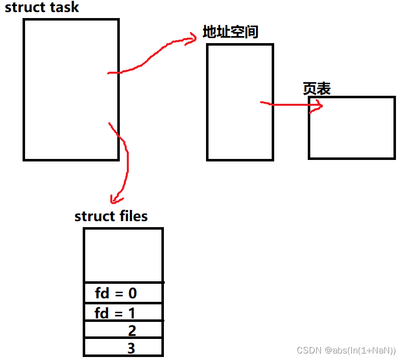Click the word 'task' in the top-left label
(64, 8)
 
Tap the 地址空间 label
(230, 33)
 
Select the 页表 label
(317, 89)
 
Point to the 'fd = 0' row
(123, 292)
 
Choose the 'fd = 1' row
(123, 313)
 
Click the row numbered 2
(123, 331)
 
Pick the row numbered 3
(123, 347)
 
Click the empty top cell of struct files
(123, 255)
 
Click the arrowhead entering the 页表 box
(317, 105)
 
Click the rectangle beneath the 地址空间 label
(240, 102)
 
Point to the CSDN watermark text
(346, 350)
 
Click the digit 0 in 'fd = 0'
(133, 292)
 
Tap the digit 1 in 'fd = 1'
(132, 313)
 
